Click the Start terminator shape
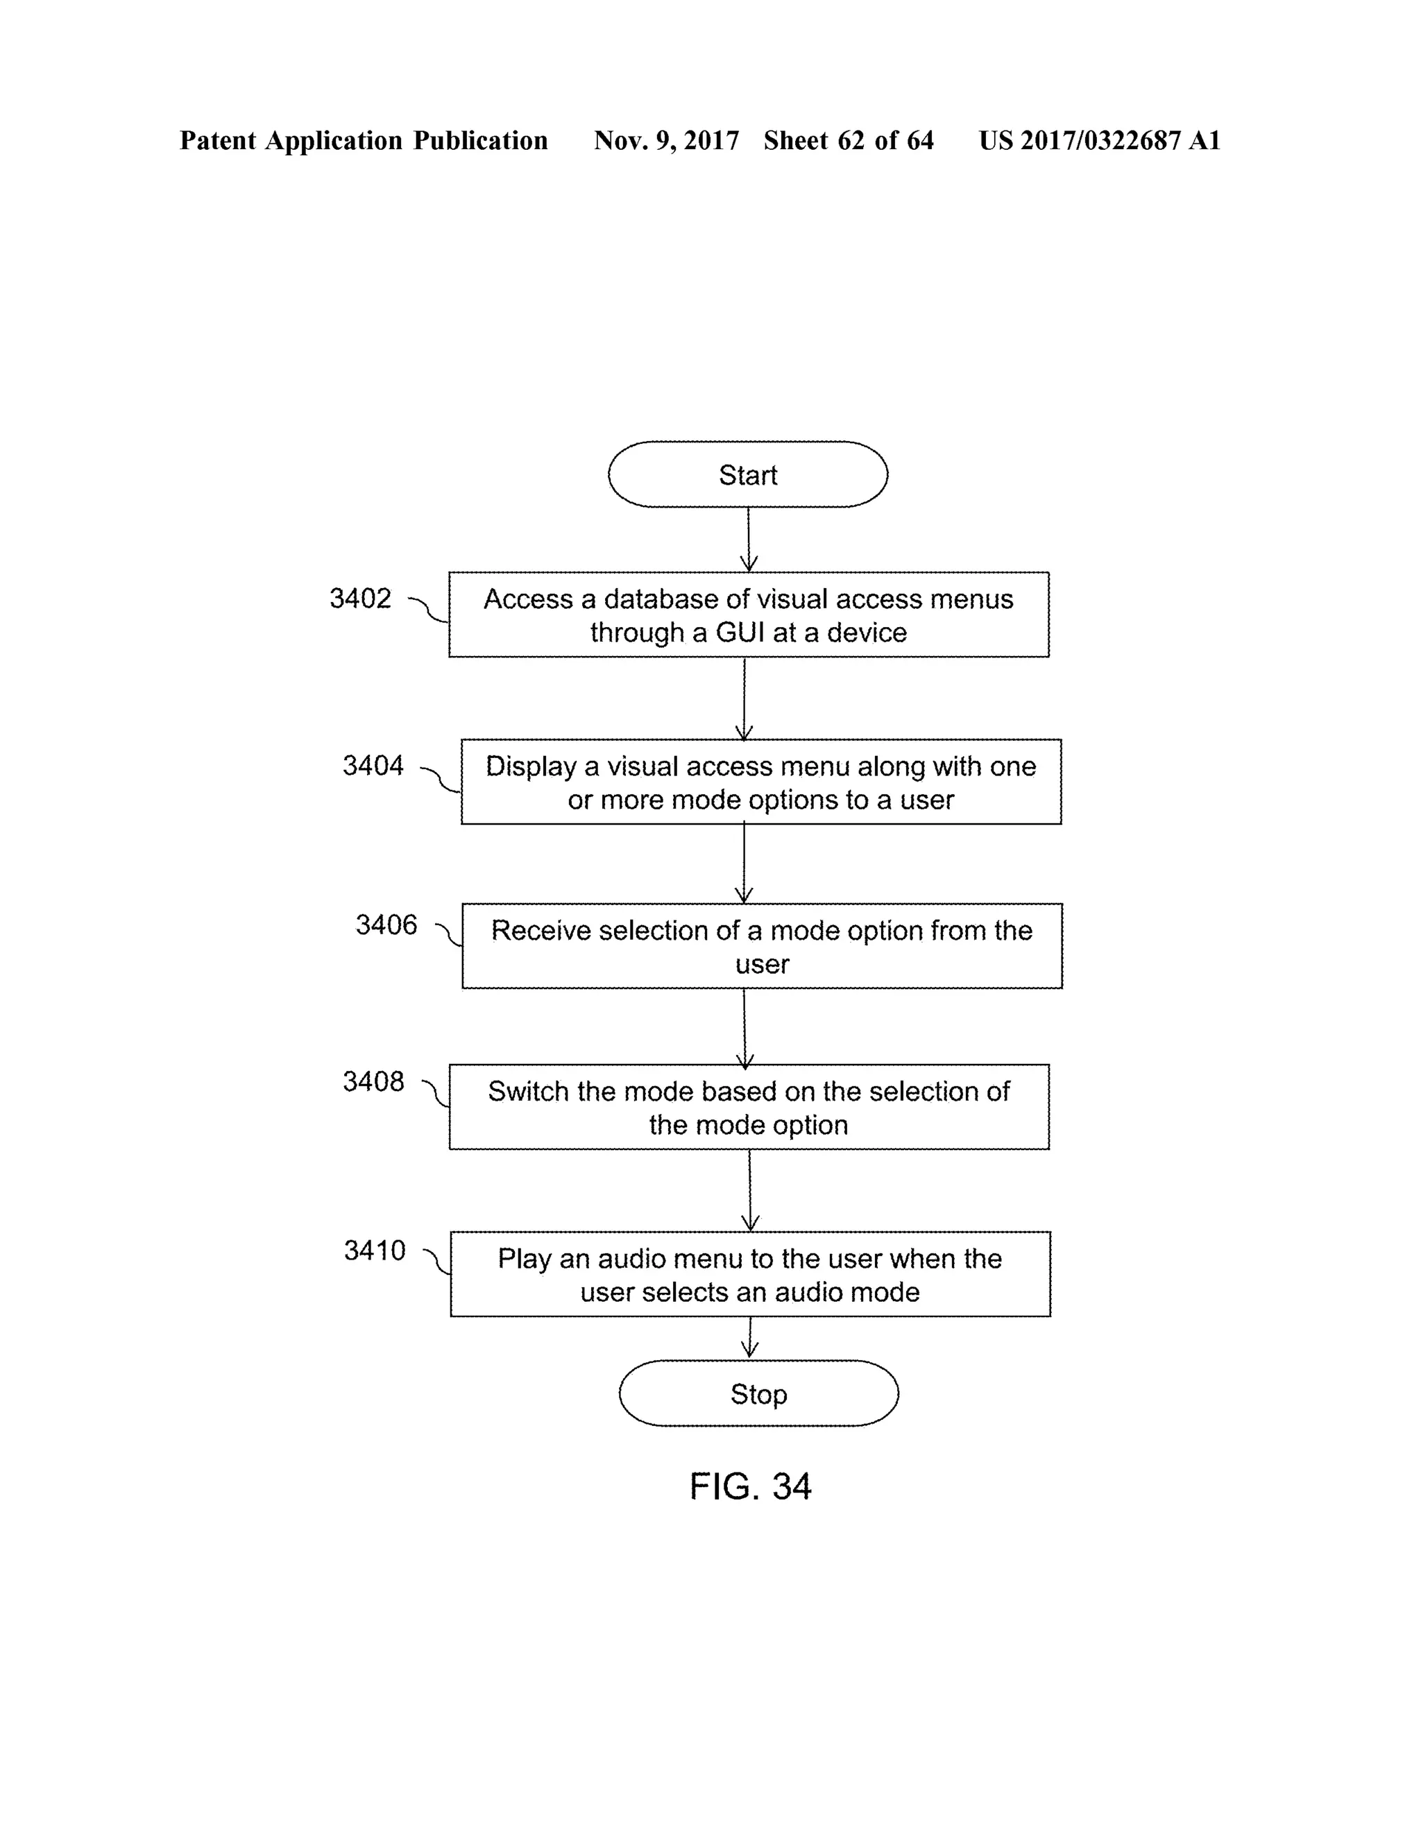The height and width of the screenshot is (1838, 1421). [x=747, y=474]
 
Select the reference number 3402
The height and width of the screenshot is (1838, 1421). [x=360, y=599]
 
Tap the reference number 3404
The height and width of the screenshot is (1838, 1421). [x=373, y=766]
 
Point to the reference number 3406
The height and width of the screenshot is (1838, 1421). [x=386, y=925]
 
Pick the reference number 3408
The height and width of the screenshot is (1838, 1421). [x=373, y=1081]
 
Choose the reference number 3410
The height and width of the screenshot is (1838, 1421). [x=375, y=1251]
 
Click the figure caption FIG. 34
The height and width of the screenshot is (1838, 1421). [x=750, y=1486]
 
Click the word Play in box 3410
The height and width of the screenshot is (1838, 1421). [x=525, y=1259]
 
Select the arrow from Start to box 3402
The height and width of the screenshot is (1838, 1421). [x=749, y=540]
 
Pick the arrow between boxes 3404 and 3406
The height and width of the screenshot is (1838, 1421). [x=744, y=864]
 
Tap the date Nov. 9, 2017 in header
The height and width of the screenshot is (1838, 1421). [x=666, y=141]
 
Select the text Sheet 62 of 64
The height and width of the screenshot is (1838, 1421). [x=848, y=141]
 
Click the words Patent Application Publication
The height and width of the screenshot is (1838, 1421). [x=364, y=141]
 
